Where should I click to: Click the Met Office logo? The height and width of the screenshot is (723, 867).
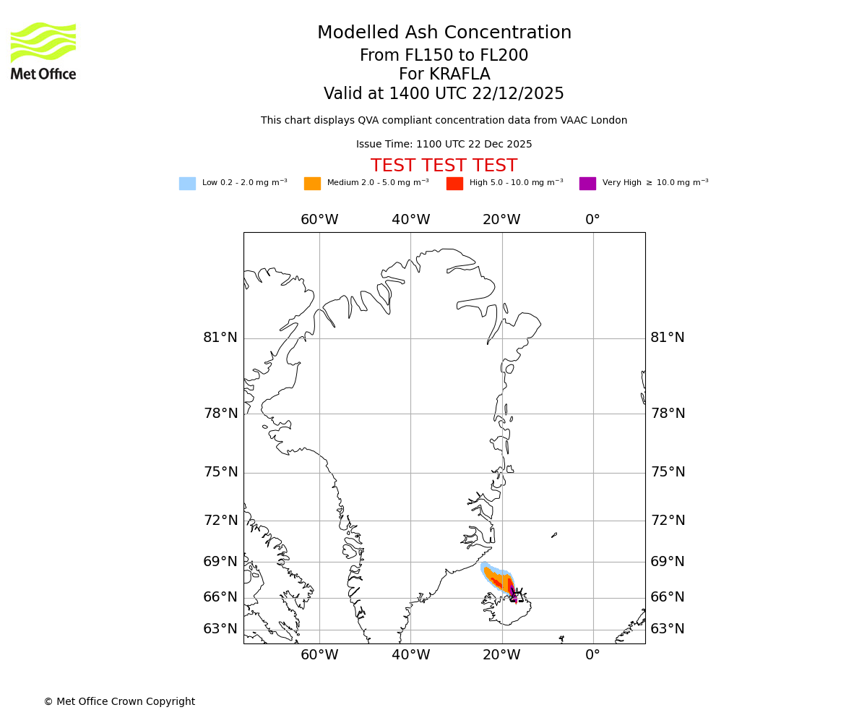tap(43, 51)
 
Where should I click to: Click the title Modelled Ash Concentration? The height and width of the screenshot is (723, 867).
tap(444, 33)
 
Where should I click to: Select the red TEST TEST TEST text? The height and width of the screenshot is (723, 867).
tap(444, 166)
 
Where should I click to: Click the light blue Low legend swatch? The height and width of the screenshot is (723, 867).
tap(187, 183)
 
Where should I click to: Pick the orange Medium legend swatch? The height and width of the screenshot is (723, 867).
tap(312, 183)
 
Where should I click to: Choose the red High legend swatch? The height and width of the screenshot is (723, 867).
tap(454, 183)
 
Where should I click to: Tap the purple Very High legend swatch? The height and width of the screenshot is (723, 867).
tap(587, 183)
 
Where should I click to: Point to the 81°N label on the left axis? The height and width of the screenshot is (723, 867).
tap(220, 338)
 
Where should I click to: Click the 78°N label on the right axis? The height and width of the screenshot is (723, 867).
tap(668, 414)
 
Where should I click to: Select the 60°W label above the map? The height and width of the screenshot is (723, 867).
tap(319, 220)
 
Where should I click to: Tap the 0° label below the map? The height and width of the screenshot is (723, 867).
tap(592, 655)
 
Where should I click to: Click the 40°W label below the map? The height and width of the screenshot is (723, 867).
tap(410, 655)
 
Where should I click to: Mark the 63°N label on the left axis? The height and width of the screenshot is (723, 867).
tap(220, 629)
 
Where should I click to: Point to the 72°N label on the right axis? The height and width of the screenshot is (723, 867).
tap(668, 521)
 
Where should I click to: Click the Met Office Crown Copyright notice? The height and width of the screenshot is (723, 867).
tap(119, 701)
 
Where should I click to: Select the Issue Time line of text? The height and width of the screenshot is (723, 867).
tap(444, 144)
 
